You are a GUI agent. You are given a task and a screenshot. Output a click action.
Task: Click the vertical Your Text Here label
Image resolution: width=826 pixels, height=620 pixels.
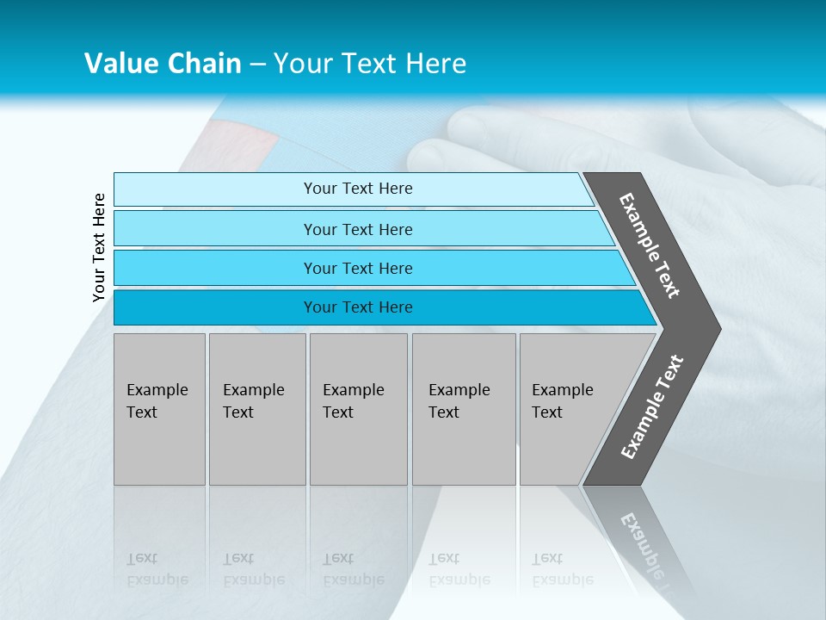pos(99,247)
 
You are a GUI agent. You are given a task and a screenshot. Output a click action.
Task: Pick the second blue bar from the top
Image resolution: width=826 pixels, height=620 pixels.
pos(357,229)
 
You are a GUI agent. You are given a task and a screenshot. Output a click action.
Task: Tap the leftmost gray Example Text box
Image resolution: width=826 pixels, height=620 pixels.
pos(159,409)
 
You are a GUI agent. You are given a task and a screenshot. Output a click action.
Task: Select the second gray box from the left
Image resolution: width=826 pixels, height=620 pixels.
pos(257,409)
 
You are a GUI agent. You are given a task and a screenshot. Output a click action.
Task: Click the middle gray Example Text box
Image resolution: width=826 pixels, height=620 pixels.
pos(358,409)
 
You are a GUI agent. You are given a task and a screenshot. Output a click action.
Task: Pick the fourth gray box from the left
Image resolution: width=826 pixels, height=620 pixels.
pos(464,409)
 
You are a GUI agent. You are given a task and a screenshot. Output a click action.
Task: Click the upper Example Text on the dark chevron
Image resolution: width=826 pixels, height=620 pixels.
pos(650,245)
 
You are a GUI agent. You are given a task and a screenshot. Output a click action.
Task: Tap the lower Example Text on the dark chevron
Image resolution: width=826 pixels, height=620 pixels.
pos(651,407)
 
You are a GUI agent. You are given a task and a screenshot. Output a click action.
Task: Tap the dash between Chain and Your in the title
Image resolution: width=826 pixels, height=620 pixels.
pos(257,65)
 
